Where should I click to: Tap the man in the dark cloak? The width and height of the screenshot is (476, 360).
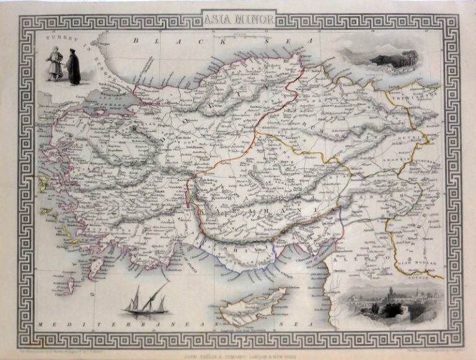click(74, 68)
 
